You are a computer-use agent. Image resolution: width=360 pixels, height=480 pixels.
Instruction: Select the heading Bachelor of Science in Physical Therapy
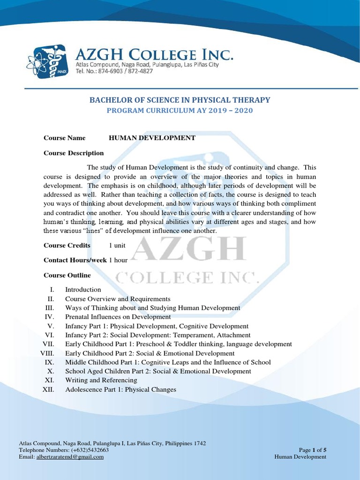180,100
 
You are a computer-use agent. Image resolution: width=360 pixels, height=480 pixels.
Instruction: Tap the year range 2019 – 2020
230,111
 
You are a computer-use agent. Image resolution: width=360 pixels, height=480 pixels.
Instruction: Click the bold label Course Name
65,138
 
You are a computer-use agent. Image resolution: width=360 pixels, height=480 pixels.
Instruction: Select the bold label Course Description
74,153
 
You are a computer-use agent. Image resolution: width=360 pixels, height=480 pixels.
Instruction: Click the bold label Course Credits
67,245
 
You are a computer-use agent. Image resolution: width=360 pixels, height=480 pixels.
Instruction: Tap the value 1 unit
117,246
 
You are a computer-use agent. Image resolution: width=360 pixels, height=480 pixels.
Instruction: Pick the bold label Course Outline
67,275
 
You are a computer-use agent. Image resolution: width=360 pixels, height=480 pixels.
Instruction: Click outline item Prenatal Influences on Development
118,317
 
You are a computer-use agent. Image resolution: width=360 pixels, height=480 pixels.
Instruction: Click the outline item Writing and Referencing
101,380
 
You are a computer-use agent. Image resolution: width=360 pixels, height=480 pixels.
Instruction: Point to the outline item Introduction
83,290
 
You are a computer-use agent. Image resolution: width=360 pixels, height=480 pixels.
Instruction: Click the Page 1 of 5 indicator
313,450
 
